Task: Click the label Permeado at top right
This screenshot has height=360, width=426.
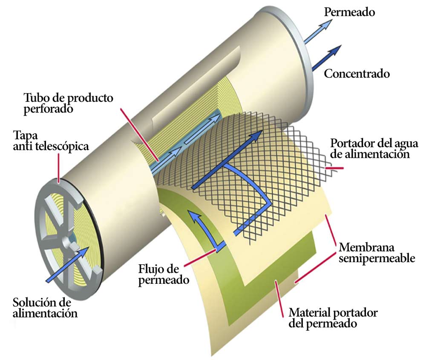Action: pos(349,12)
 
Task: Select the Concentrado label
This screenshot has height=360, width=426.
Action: pos(357,74)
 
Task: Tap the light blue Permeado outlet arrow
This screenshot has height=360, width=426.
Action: pos(319,30)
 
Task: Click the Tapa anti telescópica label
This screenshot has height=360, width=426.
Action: pos(51,141)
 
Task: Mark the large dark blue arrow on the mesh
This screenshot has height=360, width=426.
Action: pos(226,162)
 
